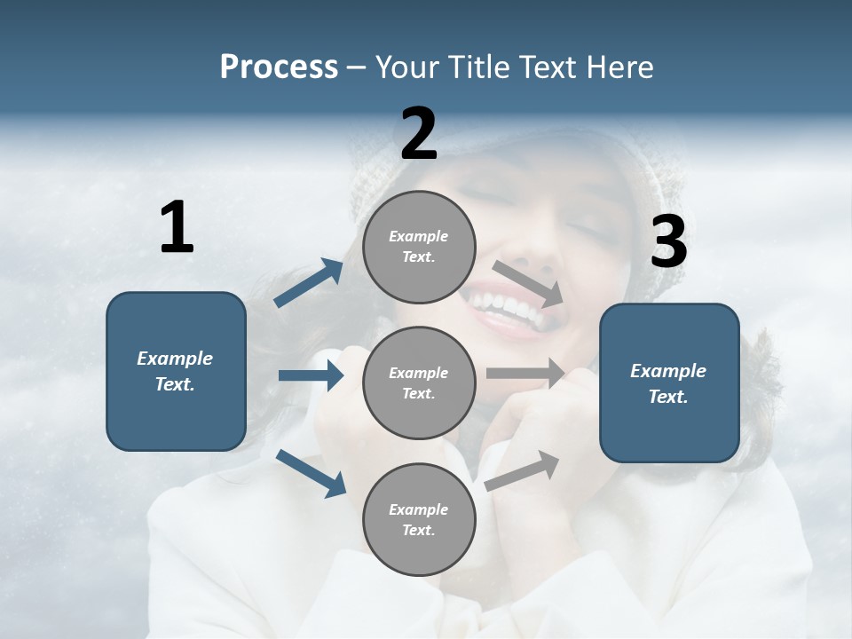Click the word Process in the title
(x=279, y=67)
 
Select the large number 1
(x=177, y=228)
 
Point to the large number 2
(x=419, y=134)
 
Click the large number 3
(x=668, y=241)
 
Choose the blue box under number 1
(x=176, y=371)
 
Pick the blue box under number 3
(x=669, y=383)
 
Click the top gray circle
(x=419, y=247)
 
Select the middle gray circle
(x=419, y=383)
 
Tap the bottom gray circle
(x=419, y=519)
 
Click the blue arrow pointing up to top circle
(x=309, y=283)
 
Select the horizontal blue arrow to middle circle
(x=311, y=375)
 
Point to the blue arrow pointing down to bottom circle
(x=311, y=473)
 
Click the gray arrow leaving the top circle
(x=527, y=283)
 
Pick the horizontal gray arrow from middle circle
(x=525, y=373)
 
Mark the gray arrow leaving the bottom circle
(x=523, y=470)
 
